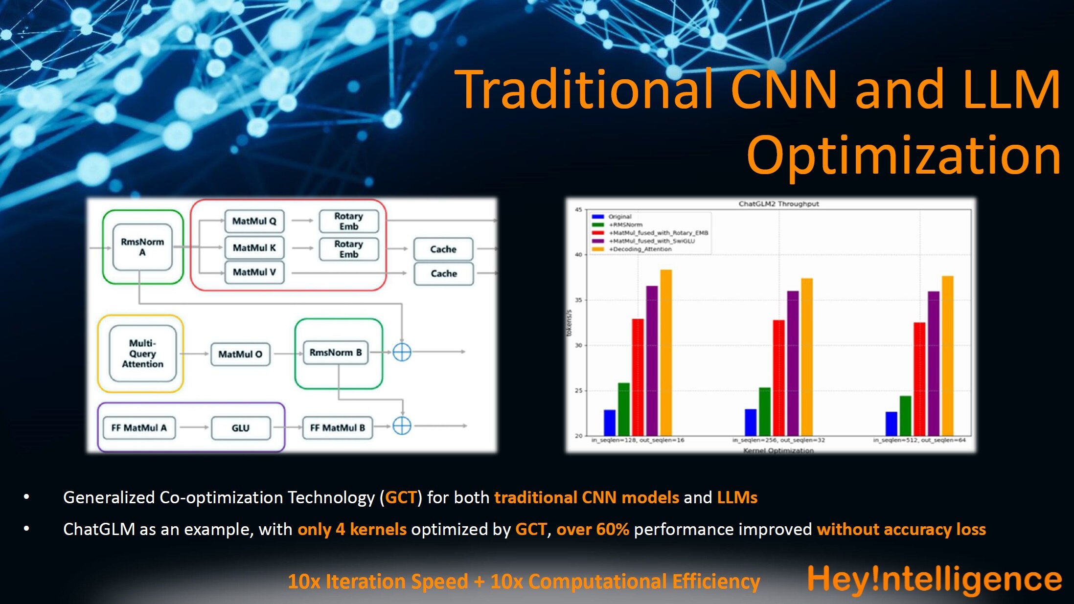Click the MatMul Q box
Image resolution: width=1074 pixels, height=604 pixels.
tap(254, 221)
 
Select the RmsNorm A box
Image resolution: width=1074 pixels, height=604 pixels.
tap(142, 247)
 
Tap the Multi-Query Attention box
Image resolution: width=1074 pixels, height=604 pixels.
tap(142, 354)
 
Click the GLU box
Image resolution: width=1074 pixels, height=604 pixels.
tap(240, 428)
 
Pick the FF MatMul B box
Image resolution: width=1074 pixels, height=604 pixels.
tap(337, 428)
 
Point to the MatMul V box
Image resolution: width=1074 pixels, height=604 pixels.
tap(254, 272)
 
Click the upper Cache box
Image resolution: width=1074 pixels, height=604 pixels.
tap(443, 249)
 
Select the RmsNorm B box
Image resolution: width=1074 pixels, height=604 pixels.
tap(336, 352)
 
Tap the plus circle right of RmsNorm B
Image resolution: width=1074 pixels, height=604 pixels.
tap(402, 352)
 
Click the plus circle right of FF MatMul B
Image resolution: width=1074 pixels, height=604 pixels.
tap(402, 425)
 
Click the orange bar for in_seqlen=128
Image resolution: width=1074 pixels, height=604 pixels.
tap(666, 352)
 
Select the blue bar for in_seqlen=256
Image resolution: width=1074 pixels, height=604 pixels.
tap(750, 422)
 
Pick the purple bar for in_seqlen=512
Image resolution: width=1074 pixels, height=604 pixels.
tap(934, 363)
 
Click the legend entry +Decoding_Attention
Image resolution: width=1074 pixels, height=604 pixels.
tap(640, 249)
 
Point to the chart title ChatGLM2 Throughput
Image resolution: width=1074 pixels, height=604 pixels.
tap(778, 204)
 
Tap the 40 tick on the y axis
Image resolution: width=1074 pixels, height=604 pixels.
tap(578, 255)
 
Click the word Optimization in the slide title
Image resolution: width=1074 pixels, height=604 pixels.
tap(903, 155)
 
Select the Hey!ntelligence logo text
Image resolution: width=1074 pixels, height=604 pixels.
tap(934, 579)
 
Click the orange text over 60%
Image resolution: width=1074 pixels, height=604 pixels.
tap(593, 529)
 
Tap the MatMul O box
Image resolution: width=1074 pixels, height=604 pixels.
tap(240, 354)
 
